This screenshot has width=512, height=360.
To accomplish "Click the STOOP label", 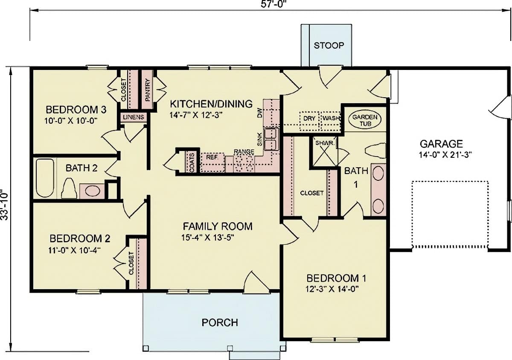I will pyautogui.click(x=329, y=45).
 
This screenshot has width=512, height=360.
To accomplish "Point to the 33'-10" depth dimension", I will pyautogui.click(x=5, y=205).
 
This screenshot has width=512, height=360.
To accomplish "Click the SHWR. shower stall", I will pyautogui.click(x=324, y=151).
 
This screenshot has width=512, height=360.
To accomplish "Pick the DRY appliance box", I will pyautogui.click(x=309, y=118).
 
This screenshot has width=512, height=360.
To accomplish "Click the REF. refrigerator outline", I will pyautogui.click(x=212, y=162).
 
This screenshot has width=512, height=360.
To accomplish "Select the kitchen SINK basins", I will pyautogui.click(x=271, y=139).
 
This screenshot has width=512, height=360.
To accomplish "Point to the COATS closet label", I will pyautogui.click(x=192, y=162).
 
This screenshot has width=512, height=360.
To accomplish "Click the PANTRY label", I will pyautogui.click(x=147, y=89).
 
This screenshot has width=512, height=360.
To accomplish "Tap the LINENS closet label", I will pyautogui.click(x=133, y=117).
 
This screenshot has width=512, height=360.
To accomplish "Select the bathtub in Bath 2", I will pyautogui.click(x=45, y=178).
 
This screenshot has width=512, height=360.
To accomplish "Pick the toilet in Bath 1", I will pyautogui.click(x=376, y=151).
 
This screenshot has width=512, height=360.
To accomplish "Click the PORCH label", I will pyautogui.click(x=220, y=322).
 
